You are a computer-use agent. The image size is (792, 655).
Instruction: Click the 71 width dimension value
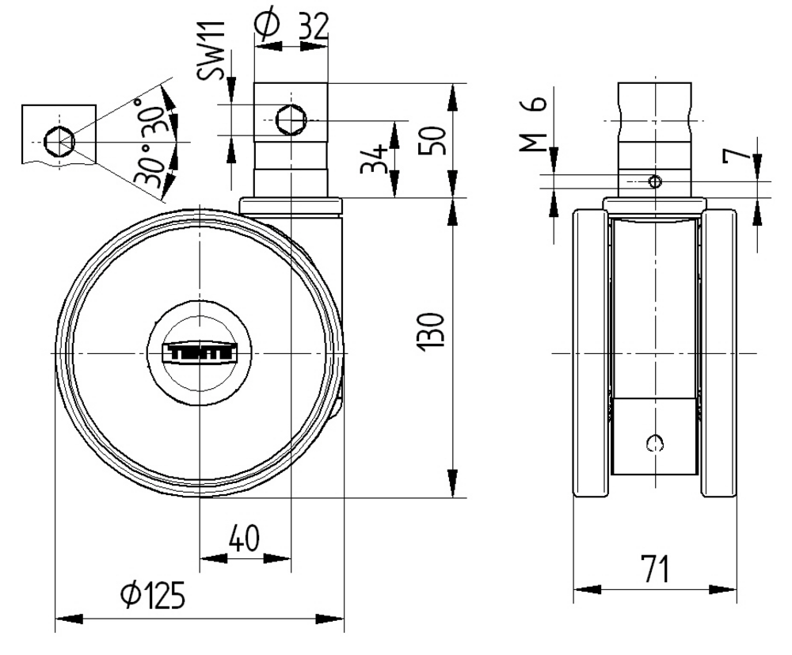pos(653,569)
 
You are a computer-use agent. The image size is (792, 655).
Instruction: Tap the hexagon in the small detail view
pos(59,142)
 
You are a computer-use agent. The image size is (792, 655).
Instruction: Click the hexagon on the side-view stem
pos(290,120)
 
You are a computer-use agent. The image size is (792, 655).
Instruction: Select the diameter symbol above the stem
pos(268,24)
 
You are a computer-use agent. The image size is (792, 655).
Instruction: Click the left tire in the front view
pos(589,352)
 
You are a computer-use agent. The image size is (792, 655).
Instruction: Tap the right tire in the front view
pos(718,352)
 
